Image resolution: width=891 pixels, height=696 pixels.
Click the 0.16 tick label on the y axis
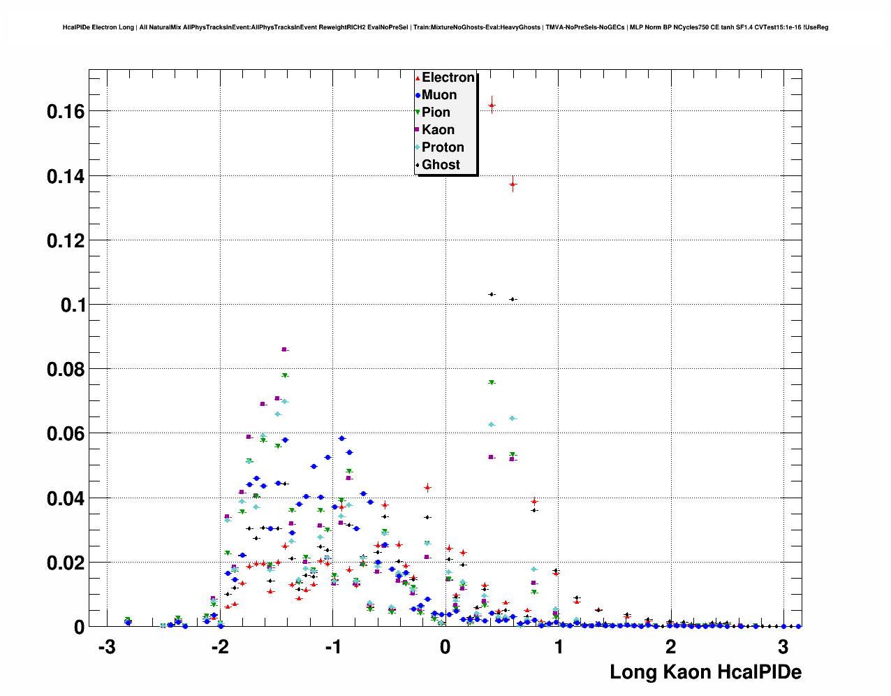click(x=66, y=111)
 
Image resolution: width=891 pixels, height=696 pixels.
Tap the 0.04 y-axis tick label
click(x=66, y=498)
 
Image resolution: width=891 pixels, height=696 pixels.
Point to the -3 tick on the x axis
click(x=106, y=647)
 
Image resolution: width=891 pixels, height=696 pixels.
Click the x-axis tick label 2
click(x=671, y=647)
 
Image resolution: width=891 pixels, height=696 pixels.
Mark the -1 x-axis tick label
click(x=332, y=647)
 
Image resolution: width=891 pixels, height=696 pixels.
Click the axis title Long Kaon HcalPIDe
click(x=705, y=672)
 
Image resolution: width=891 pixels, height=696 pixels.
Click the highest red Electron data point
click(x=492, y=106)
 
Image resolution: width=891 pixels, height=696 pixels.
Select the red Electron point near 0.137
click(x=513, y=184)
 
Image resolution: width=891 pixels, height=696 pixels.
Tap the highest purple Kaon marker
click(x=283, y=349)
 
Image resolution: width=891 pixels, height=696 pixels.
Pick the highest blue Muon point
click(x=341, y=438)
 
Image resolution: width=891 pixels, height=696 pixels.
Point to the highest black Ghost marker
click(x=492, y=294)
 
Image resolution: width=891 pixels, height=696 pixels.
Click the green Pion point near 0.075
click(x=492, y=382)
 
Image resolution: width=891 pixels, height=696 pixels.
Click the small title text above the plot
click(x=445, y=27)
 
